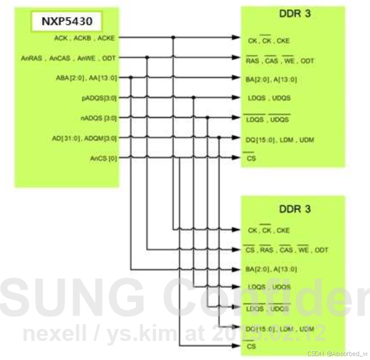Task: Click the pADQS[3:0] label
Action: pos(99,97)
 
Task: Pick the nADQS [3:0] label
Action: pos(99,118)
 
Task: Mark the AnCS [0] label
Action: pos(104,157)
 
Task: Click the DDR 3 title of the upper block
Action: pos(294,13)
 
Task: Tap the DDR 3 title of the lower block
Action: pos(294,208)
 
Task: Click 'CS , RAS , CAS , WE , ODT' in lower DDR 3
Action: pos(286,250)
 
